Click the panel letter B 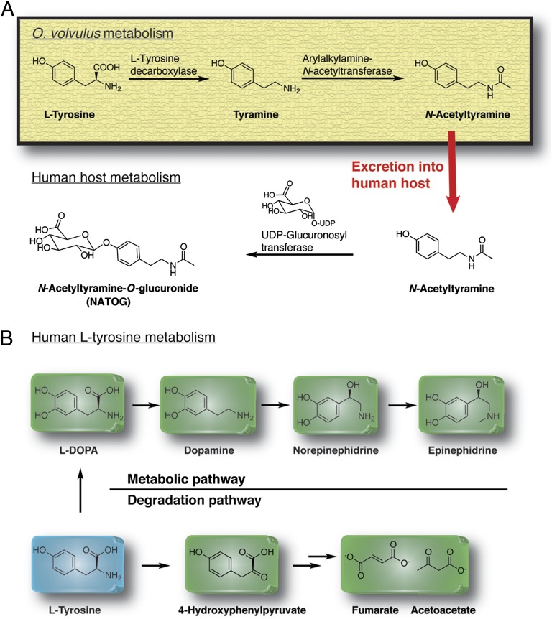pyautogui.click(x=9, y=335)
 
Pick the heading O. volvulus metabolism pyautogui.click(x=91, y=32)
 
